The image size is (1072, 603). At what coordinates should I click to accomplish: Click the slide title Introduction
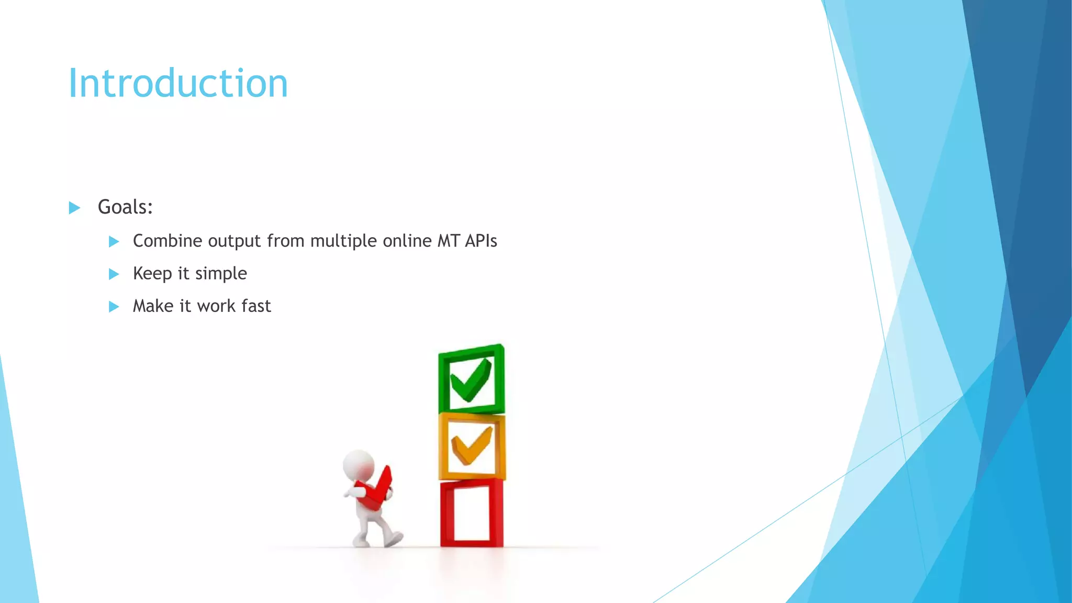coord(178,84)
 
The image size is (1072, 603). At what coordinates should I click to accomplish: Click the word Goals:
coord(125,207)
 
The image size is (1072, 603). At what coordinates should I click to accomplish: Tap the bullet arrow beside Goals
coord(75,208)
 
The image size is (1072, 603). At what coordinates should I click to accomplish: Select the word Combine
coord(167,241)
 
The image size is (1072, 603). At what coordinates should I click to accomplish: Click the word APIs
coord(481,241)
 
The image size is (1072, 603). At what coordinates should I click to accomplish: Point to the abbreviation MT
coord(449,241)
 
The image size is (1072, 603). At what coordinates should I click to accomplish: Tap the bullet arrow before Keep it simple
coord(114,274)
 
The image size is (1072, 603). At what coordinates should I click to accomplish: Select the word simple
coord(221,274)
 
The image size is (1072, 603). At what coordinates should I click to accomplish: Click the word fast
coord(256,306)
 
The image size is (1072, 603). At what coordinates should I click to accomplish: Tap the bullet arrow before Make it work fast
coord(114,307)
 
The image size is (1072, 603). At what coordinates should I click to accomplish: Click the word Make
coord(153,306)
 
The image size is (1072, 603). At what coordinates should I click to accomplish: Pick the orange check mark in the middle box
coord(472,446)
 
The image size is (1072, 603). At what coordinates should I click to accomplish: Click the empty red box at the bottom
coord(471,513)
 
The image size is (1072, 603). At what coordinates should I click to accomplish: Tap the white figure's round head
coord(359,464)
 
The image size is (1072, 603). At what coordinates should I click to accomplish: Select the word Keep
coord(152,274)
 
